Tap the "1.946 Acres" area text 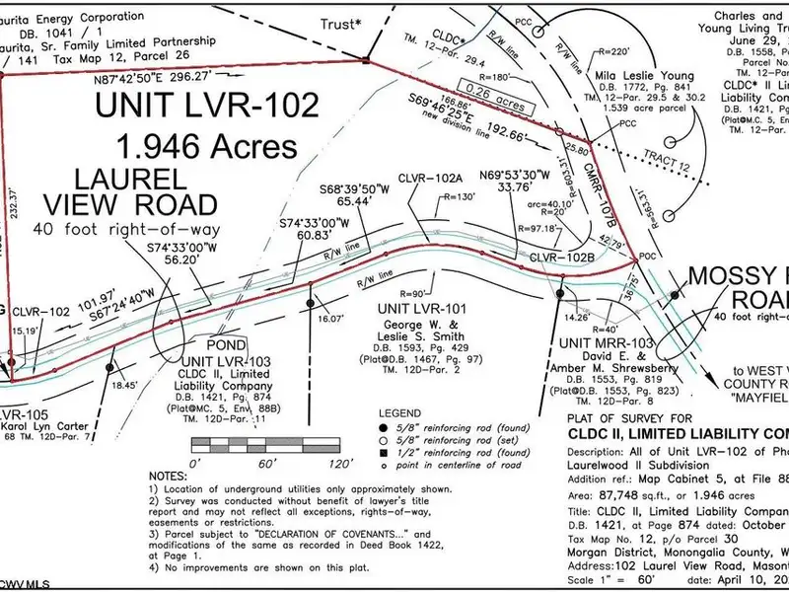coord(206,146)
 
